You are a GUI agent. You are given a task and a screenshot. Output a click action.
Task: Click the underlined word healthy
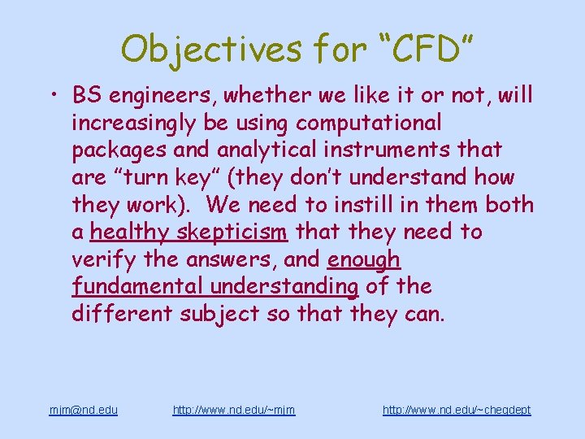[x=130, y=232]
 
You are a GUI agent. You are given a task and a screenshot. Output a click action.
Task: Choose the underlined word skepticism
[x=232, y=232]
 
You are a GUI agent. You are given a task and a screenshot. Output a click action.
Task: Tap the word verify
[x=102, y=259]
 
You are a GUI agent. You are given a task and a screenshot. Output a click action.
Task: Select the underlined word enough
[x=364, y=259]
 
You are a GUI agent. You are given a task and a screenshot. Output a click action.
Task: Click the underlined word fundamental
[x=137, y=286]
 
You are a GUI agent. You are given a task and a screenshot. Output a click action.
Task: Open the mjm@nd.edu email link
[x=83, y=410]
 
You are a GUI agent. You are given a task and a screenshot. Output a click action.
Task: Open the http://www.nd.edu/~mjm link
[x=234, y=410]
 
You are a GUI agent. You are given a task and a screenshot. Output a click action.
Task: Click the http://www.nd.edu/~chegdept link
[x=456, y=410]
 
